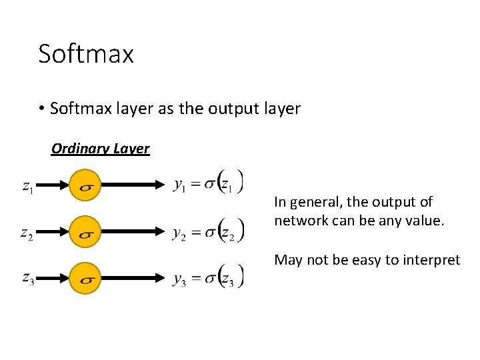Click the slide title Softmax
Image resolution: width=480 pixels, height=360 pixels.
click(x=86, y=54)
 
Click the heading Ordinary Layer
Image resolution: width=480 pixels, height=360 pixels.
click(x=101, y=148)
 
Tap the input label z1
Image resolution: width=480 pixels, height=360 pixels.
click(x=28, y=187)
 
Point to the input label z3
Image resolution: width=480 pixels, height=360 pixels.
click(x=28, y=278)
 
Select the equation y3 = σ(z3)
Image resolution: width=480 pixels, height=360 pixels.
click(x=209, y=278)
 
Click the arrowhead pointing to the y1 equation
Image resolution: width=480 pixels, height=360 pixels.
click(x=161, y=186)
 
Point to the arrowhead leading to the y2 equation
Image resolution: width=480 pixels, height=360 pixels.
click(x=161, y=232)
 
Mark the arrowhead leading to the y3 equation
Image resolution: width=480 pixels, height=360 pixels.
click(x=161, y=278)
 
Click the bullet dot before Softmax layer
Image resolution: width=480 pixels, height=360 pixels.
click(x=41, y=109)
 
